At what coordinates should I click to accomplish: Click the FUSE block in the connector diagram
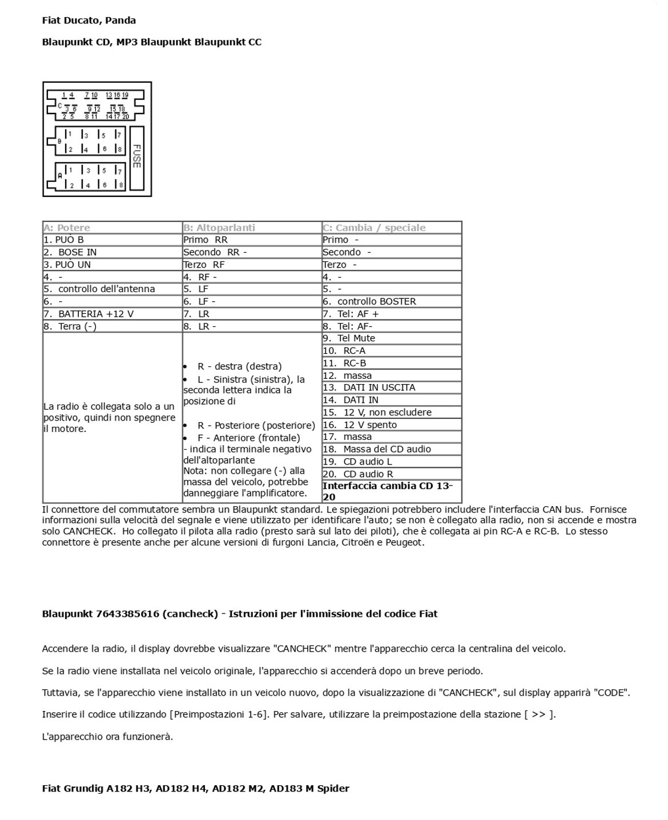136,157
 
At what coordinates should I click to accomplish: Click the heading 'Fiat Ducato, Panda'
89,21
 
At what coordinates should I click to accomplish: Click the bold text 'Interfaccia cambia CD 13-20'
388,491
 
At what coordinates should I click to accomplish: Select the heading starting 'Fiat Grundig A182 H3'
195,789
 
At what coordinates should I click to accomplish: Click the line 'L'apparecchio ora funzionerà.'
107,737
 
